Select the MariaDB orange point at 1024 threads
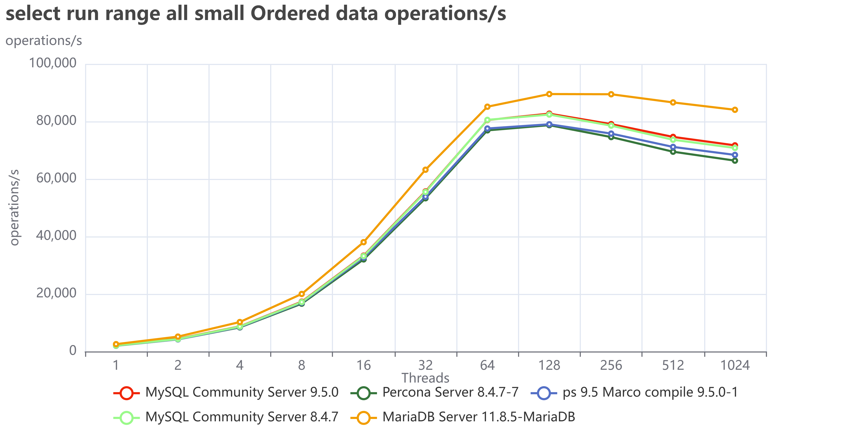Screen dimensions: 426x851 (735, 110)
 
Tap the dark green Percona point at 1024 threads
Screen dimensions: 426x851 (735, 161)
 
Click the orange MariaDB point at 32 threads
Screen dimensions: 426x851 (425, 170)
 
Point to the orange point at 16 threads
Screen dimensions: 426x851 (363, 242)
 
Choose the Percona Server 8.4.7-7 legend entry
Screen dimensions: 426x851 (434, 393)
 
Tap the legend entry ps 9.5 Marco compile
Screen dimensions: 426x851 (634, 393)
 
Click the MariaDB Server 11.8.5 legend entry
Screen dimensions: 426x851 (463, 417)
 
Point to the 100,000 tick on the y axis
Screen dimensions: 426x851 (53, 63)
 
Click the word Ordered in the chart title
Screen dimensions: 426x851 (290, 14)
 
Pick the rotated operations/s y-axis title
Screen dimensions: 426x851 (14, 207)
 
